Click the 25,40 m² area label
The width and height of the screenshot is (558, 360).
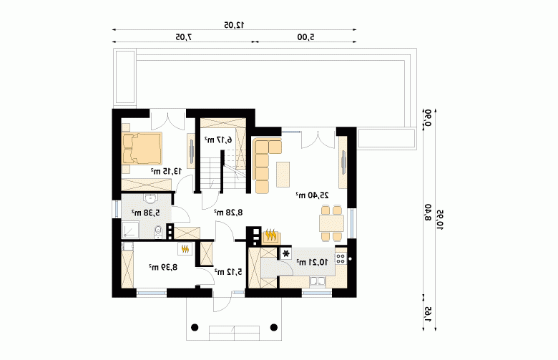click(312, 195)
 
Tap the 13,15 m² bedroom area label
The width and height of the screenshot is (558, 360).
click(166, 171)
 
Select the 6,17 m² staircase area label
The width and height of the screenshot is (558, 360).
click(217, 140)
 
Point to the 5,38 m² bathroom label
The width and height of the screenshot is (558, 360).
click(145, 213)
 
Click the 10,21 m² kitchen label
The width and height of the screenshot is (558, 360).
click(312, 263)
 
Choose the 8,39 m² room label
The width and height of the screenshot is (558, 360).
click(162, 267)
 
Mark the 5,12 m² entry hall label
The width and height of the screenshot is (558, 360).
click(228, 272)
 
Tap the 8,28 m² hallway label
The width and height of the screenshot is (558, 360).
click(228, 213)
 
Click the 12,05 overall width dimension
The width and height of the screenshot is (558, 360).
click(234, 24)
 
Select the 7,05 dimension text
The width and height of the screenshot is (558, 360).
click(183, 37)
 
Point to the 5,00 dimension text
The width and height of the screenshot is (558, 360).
click(306, 37)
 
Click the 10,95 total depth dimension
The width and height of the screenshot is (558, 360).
click(441, 220)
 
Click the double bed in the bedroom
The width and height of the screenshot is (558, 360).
click(142, 148)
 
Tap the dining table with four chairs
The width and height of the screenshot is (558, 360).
click(331, 223)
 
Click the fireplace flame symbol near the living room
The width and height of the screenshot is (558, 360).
click(271, 235)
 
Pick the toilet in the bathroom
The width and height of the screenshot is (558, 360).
click(158, 232)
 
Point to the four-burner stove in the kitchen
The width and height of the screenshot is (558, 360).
click(341, 258)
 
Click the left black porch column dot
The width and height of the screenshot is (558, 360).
click(195, 327)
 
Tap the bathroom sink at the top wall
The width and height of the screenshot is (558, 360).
click(151, 198)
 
